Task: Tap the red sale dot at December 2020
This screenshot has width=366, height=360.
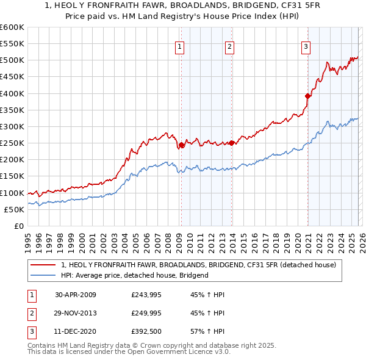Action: [x=308, y=96]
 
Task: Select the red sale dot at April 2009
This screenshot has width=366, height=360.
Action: [x=181, y=145]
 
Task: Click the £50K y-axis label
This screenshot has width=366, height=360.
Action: [x=14, y=209]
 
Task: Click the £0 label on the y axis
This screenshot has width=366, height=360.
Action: [x=19, y=226]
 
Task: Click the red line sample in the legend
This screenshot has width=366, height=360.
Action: [x=44, y=265]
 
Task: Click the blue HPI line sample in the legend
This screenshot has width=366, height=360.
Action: [x=44, y=275]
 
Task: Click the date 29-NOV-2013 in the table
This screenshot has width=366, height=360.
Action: [x=76, y=313]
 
